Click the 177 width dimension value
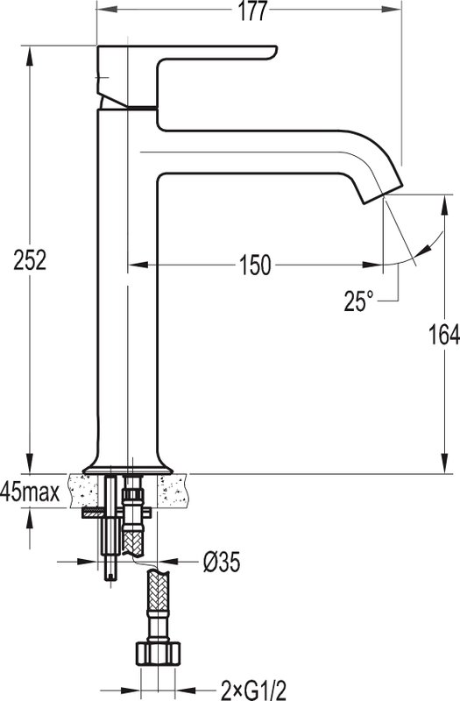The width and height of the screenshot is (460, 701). point(251,11)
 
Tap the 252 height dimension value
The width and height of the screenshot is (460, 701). point(30,260)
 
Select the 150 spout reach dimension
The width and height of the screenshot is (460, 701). point(255,266)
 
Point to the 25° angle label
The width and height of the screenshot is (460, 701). point(358,301)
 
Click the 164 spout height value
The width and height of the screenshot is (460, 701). point(444,335)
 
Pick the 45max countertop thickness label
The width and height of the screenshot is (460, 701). point(30,492)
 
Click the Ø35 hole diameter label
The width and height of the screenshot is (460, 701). point(222,562)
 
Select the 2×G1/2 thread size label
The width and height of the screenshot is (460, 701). point(253,690)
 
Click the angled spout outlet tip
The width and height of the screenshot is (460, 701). point(383,194)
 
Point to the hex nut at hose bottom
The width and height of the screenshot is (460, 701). point(158,654)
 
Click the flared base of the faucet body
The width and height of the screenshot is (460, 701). point(128,466)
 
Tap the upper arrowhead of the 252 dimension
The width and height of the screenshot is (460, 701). point(30,56)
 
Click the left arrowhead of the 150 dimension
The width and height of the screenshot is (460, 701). point(138,265)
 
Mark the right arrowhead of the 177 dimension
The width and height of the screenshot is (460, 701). point(391,10)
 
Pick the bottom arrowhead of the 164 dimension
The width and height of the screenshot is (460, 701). point(446,463)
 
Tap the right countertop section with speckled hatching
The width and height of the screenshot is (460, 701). point(173,491)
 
